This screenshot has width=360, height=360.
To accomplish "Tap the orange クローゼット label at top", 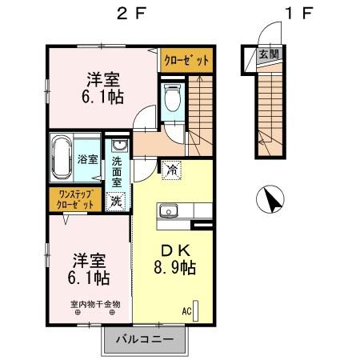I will click(x=187, y=60).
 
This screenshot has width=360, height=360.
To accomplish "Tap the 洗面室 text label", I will click(x=117, y=170).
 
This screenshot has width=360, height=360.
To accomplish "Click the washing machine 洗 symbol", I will click(x=117, y=201).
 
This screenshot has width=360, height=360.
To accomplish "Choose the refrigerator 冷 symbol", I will click(x=171, y=169).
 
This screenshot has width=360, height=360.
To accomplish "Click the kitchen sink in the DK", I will click(x=170, y=211).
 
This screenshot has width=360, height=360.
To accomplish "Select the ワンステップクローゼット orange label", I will click(x=77, y=199).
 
